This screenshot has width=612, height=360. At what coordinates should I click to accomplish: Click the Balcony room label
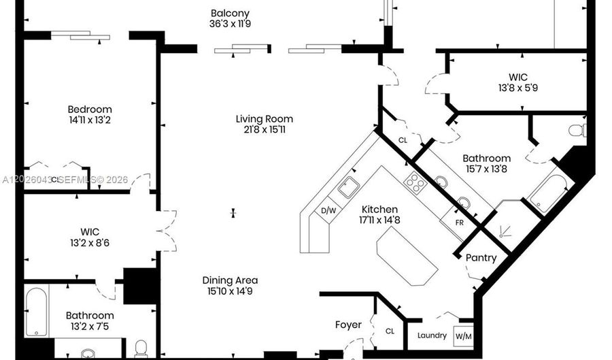230,14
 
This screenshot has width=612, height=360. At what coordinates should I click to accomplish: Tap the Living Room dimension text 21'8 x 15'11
265,129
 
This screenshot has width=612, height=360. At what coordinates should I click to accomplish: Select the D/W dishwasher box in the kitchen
328,210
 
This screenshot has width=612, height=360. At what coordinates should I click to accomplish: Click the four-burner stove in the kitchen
413,182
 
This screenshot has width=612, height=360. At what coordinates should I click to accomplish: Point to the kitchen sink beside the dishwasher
349,187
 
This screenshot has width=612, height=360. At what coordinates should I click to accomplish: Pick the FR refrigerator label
460,223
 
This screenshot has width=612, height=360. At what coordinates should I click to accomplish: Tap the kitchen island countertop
407,257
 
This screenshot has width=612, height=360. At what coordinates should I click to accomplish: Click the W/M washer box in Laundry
463,336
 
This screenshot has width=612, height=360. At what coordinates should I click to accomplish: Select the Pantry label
481,258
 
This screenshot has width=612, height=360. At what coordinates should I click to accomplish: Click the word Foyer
348,325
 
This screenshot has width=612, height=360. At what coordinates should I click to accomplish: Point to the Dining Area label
230,280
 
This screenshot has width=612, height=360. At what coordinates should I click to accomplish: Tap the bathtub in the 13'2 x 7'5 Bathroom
36,312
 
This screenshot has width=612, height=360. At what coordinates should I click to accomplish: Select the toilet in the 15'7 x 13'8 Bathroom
577,131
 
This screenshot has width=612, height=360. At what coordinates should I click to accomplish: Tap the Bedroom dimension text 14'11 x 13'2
90,120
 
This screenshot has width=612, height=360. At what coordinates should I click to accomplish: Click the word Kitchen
379,210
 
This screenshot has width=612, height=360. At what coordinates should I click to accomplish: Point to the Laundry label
432,336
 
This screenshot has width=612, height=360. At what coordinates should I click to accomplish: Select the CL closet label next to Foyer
390,331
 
